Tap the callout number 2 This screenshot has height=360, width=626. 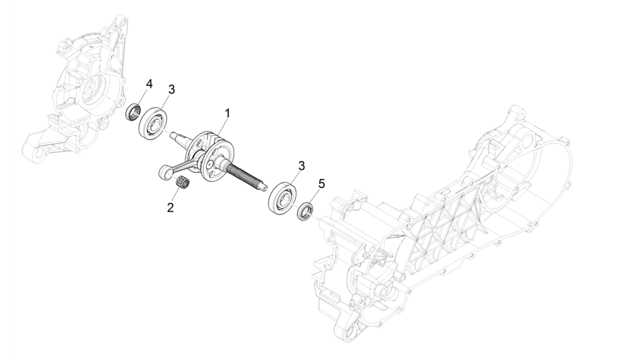[170, 207]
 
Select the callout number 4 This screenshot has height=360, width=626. [149, 84]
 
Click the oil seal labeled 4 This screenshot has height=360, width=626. [134, 111]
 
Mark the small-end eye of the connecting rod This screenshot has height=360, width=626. [164, 171]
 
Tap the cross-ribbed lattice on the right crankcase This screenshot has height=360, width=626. [444, 219]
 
